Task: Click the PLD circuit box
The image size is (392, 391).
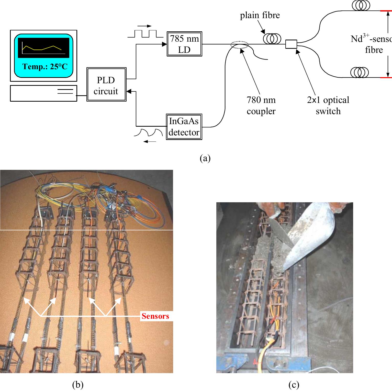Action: click(x=106, y=85)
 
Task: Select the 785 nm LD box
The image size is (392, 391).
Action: click(x=184, y=44)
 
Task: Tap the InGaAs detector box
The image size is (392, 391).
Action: click(x=184, y=127)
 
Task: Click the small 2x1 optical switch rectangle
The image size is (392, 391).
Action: click(x=291, y=44)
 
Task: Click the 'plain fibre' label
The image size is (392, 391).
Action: click(x=260, y=15)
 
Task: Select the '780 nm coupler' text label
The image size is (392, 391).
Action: click(x=261, y=105)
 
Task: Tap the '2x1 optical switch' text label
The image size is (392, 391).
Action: click(x=328, y=105)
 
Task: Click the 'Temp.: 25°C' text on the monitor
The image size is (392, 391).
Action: click(x=45, y=67)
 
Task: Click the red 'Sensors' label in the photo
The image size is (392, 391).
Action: click(x=155, y=316)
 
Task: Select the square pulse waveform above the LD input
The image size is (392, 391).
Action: click(x=145, y=34)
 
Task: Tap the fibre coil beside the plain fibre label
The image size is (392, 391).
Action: click(x=272, y=39)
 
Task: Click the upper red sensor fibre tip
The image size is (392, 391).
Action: click(x=386, y=11)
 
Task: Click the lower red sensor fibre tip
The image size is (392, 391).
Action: click(x=386, y=77)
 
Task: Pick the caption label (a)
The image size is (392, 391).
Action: click(x=205, y=158)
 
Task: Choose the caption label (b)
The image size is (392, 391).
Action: click(x=78, y=385)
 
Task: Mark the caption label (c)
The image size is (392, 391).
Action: click(x=294, y=385)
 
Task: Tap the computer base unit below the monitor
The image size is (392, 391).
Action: click(x=43, y=93)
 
